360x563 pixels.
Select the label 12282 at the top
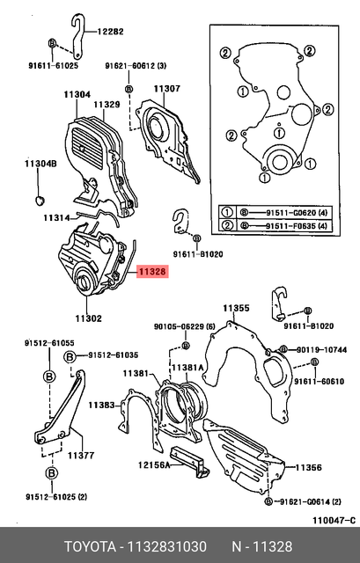[x=110, y=31]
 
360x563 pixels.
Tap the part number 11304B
[x=40, y=165]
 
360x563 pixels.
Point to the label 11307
[x=166, y=88]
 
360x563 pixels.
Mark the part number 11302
[x=88, y=318]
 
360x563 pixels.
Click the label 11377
[x=81, y=456]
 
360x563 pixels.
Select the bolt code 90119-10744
[x=321, y=350]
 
